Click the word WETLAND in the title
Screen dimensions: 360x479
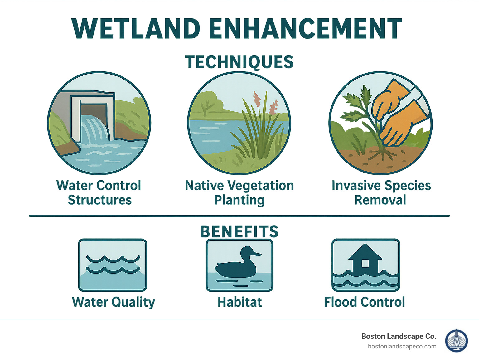click(136, 29)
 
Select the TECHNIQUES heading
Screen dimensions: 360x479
click(239, 62)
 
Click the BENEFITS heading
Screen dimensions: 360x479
click(239, 231)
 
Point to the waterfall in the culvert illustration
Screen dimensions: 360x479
click(94, 129)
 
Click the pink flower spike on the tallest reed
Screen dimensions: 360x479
click(257, 99)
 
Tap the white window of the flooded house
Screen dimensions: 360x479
click(365, 264)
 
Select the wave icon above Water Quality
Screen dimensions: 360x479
click(113, 265)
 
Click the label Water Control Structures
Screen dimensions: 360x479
click(99, 192)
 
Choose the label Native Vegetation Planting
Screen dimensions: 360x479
click(239, 192)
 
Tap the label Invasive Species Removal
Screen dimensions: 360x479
click(381, 192)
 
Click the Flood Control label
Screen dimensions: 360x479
click(364, 302)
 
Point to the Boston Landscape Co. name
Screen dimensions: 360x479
click(399, 336)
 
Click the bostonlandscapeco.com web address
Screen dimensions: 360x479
click(402, 346)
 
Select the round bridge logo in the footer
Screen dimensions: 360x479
click(457, 341)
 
